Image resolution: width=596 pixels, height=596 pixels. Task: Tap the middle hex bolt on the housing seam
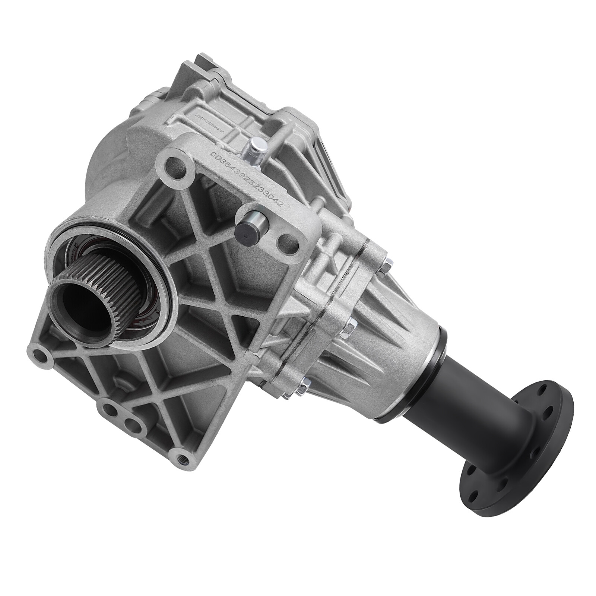pyautogui.click(x=351, y=327)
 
